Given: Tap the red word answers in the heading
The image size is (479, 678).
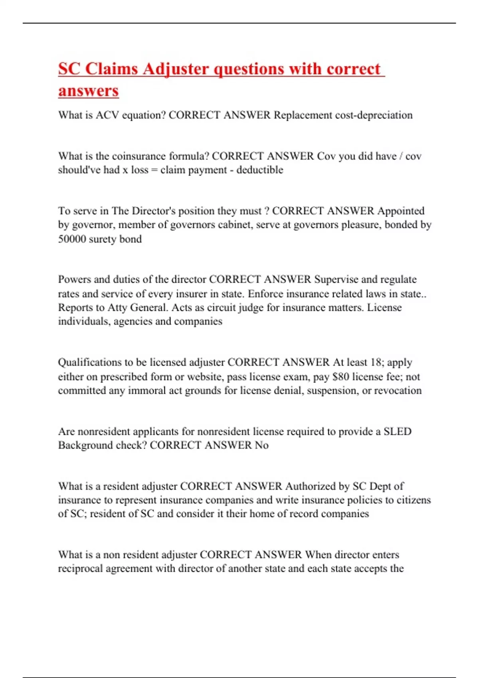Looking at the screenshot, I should [88, 91].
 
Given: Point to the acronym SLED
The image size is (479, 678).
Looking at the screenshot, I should [398, 432].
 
